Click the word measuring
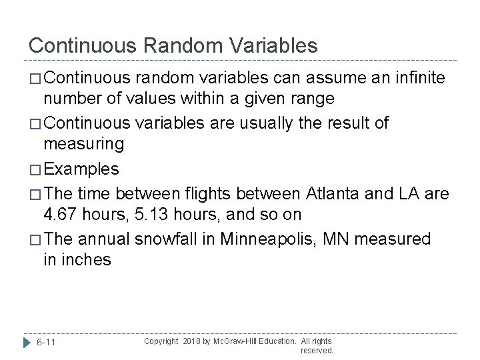[83, 144]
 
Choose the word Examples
[81, 169]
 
